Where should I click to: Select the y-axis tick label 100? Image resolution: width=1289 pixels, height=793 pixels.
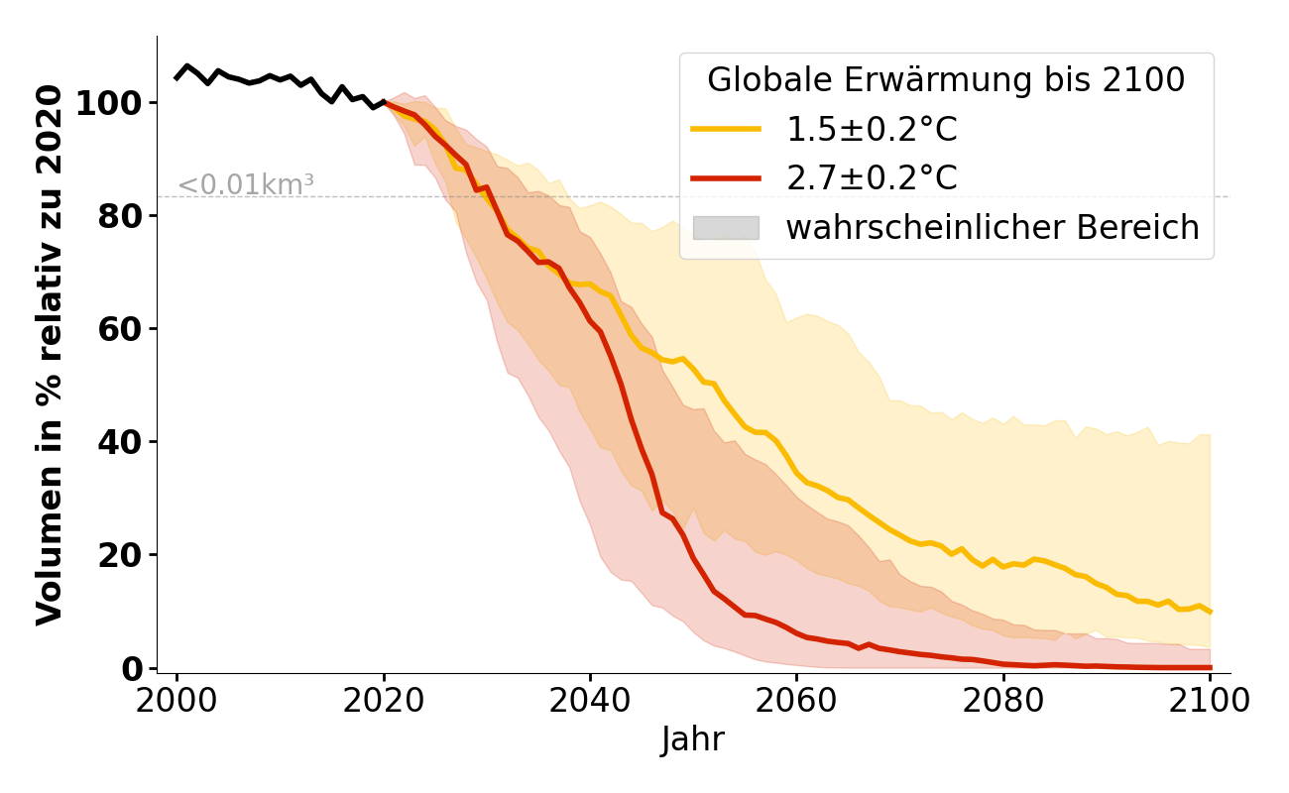(x=110, y=103)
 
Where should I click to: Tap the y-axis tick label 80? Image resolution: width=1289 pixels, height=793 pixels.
(x=120, y=216)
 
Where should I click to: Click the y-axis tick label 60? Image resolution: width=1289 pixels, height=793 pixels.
(x=120, y=329)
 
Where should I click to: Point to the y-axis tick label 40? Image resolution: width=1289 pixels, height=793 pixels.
(x=120, y=442)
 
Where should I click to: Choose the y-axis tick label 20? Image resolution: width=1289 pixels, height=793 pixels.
(x=120, y=555)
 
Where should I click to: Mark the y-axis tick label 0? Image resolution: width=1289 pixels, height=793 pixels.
(x=131, y=668)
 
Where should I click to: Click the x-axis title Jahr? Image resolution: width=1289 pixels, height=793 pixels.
(x=692, y=739)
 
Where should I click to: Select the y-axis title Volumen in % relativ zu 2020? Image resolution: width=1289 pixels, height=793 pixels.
(x=50, y=355)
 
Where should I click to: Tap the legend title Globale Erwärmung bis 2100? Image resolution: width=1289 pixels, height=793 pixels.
(x=946, y=80)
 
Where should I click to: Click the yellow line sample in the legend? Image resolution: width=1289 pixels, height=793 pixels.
(x=726, y=130)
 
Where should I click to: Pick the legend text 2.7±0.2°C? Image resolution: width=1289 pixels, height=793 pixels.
(x=872, y=178)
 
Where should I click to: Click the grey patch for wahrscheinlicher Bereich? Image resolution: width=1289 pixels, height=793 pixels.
(x=726, y=227)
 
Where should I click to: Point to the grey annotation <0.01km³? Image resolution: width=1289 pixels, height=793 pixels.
(x=246, y=185)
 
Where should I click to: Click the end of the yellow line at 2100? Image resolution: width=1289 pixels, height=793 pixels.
(x=1210, y=612)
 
